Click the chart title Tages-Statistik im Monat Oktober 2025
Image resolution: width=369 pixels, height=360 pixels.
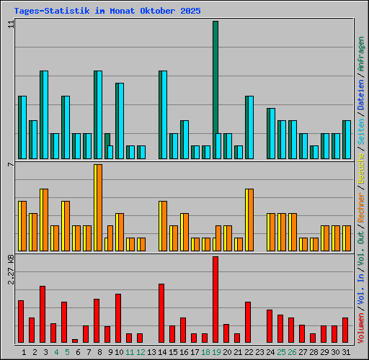click(107, 12)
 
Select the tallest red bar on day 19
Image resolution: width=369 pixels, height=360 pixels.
click(215, 299)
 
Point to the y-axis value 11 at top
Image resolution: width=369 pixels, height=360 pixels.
click(10, 24)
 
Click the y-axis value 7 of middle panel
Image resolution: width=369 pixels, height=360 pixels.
click(10, 165)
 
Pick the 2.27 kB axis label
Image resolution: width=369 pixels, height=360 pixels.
click(10, 269)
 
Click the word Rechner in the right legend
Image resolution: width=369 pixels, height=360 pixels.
click(361, 206)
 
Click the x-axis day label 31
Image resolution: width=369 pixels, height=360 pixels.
click(346, 352)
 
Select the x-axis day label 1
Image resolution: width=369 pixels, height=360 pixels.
click(24, 352)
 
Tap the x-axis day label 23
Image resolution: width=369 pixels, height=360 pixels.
click(259, 352)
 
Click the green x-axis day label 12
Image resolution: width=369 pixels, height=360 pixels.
click(141, 352)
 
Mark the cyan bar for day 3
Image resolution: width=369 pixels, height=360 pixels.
click(44, 115)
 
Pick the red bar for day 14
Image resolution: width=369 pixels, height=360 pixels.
click(161, 313)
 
